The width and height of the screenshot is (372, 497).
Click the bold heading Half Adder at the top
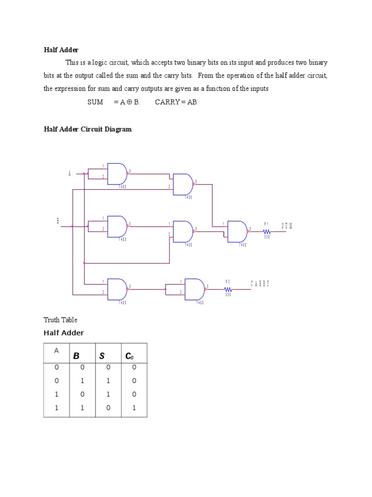(x=61, y=50)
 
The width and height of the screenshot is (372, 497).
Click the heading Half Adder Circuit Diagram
(x=88, y=130)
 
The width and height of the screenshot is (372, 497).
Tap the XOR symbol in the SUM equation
(x=128, y=102)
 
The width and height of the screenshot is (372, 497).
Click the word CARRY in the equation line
(x=167, y=102)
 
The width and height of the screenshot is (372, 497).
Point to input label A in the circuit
(x=70, y=173)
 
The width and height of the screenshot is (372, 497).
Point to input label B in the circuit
(x=58, y=221)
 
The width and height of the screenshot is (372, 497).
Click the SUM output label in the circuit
(x=287, y=226)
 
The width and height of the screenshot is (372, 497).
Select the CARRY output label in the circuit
(x=260, y=284)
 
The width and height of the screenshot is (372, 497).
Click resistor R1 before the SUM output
(x=266, y=231)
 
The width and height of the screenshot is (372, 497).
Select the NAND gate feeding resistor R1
(x=237, y=232)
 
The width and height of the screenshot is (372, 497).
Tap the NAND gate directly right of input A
(x=117, y=174)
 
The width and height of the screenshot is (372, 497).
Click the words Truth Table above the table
(x=61, y=320)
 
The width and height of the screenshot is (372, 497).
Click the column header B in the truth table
(x=76, y=356)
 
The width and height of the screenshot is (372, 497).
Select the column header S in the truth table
(x=102, y=356)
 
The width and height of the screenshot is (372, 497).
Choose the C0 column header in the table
(x=129, y=356)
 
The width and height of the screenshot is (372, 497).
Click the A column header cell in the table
(x=56, y=351)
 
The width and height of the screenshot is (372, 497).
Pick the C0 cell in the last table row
(x=134, y=408)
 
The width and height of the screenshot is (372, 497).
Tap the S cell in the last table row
(x=108, y=408)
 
